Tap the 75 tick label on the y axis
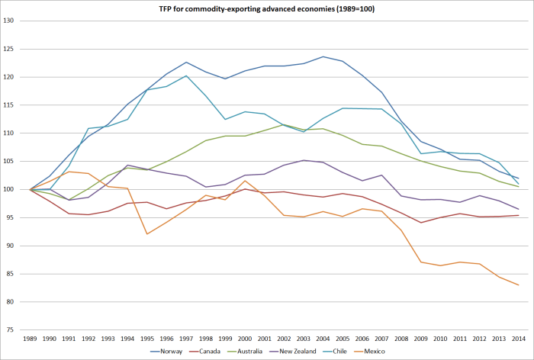pyautogui.click(x=11, y=329)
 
